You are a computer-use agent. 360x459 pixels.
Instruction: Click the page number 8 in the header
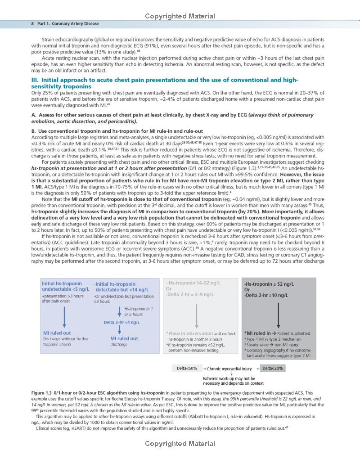coord(32,23)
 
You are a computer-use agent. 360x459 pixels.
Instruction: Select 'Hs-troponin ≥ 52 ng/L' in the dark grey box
coord(269,284)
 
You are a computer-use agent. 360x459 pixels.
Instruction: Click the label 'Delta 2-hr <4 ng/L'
coord(121,322)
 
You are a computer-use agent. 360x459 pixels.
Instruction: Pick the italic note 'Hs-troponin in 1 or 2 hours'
coord(138,311)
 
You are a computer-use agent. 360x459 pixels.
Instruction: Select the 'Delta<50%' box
coord(187,369)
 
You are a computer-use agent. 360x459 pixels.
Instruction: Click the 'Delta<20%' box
coord(273,369)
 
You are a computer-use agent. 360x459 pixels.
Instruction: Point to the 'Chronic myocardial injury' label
coord(229,369)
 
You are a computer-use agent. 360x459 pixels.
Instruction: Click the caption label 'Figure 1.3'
coord(44,393)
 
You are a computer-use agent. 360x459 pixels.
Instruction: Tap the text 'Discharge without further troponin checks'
coord(66,342)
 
